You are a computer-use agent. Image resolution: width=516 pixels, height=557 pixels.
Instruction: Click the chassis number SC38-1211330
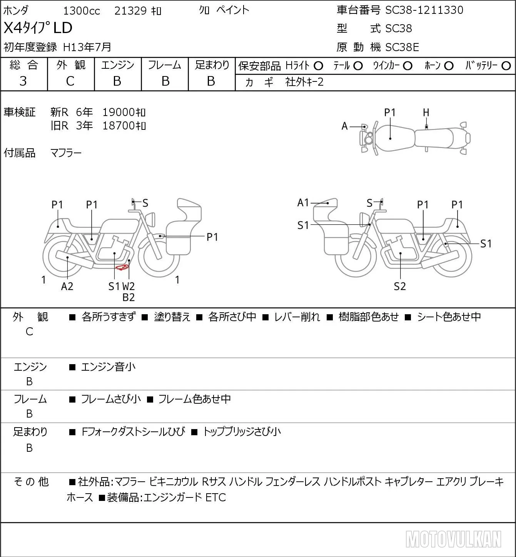[x=424, y=10]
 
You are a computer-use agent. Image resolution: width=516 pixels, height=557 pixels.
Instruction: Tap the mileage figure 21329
[x=130, y=11]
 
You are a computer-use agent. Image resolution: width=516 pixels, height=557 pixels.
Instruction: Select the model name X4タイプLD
[x=38, y=28]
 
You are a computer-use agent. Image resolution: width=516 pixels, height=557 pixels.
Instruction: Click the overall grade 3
[x=23, y=81]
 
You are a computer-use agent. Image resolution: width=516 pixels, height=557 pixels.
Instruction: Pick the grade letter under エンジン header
[x=117, y=81]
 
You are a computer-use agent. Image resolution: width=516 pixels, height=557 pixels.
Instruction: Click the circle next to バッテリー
[x=506, y=66]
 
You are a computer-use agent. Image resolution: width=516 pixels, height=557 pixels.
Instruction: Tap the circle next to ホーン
[x=449, y=66]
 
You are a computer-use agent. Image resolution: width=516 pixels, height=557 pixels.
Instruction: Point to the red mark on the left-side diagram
[x=122, y=268]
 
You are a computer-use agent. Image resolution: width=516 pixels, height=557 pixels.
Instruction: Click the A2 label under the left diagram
[x=67, y=286]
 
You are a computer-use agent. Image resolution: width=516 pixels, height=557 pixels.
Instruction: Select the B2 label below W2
[x=129, y=297]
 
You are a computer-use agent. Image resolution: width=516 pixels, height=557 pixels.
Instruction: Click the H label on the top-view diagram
[x=426, y=113]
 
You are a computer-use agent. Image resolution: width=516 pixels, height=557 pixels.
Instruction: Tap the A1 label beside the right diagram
[x=303, y=202]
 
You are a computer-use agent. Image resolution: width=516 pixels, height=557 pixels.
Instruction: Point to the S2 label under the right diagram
[x=400, y=286]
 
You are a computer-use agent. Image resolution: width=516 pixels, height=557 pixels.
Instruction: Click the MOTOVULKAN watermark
[x=453, y=539]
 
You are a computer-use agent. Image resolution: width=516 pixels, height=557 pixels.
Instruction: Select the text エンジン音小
[x=108, y=367]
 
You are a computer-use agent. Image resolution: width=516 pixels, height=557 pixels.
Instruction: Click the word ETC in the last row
[x=215, y=497]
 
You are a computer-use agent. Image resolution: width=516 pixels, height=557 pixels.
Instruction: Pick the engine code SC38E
[x=402, y=47]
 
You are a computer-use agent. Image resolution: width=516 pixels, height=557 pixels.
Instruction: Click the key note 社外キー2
[x=304, y=82]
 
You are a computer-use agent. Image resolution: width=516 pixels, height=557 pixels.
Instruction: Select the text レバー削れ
[x=297, y=317]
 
